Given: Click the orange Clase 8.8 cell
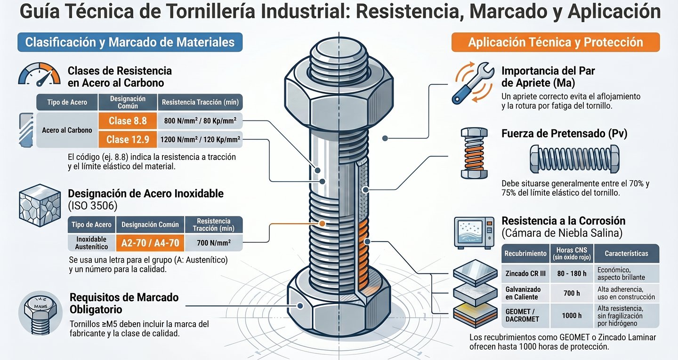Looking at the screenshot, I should tap(128, 121).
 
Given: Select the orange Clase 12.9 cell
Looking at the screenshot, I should tap(128, 139).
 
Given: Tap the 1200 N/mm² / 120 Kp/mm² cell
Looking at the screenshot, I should tap(200, 139).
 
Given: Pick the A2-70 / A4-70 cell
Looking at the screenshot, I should tap(150, 243).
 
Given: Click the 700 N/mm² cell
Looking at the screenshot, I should tap(214, 243).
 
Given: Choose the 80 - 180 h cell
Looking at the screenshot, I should tap(571, 273).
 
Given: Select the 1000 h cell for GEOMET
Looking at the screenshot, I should tap(571, 316).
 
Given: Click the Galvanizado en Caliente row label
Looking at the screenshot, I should tap(523, 293).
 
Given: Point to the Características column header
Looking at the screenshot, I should tap(626, 253).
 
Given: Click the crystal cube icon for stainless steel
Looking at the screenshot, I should tap(40, 205).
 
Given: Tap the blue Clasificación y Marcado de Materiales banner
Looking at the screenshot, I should tap(129, 42).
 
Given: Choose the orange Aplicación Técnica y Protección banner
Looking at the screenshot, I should tap(555, 42).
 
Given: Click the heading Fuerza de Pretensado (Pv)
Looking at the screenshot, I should tap(564, 134).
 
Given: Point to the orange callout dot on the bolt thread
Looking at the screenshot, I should tap(322, 223).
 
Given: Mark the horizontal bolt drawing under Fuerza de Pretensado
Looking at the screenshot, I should tap(575, 159).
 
